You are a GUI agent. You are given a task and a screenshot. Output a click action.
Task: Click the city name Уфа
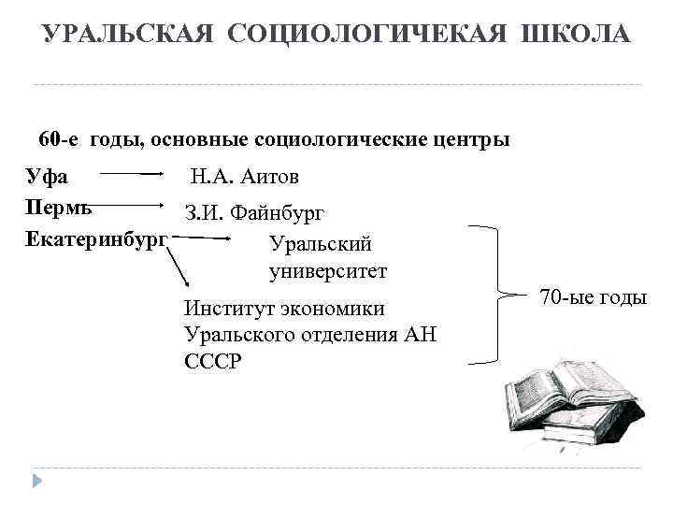(46, 175)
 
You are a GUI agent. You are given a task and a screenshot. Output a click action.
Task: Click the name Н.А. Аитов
(245, 176)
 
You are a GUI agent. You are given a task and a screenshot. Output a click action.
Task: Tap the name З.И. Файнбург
(254, 213)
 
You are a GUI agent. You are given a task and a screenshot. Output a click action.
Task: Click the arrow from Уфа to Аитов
(133, 174)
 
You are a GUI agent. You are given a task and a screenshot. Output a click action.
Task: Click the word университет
(327, 271)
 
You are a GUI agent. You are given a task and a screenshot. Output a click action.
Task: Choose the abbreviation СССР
(213, 361)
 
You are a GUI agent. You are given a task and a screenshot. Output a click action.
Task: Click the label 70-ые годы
(594, 297)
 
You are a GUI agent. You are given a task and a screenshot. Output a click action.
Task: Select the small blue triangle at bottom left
(38, 480)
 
